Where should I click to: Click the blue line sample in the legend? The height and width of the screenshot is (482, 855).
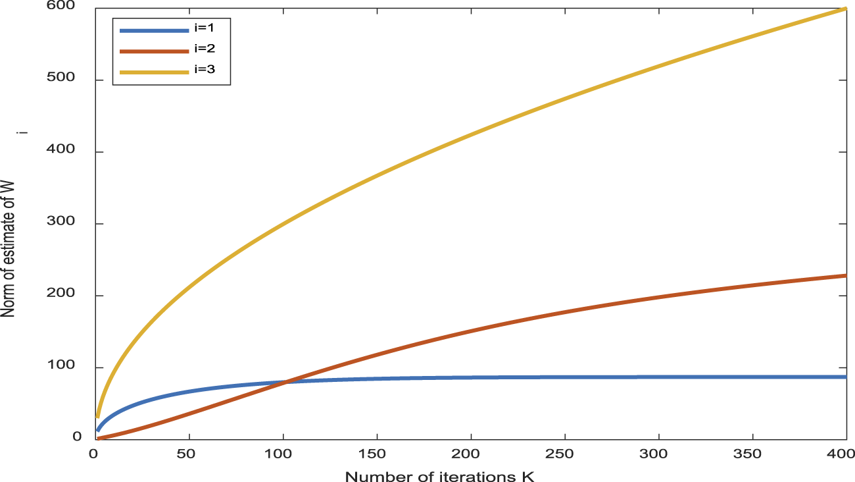pyautogui.click(x=153, y=30)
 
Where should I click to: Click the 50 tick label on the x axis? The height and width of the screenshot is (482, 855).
pyautogui.click(x=189, y=454)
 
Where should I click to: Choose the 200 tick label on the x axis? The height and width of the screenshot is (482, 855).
pyautogui.click(x=470, y=454)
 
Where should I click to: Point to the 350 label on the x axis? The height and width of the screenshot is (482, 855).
pyautogui.click(x=752, y=454)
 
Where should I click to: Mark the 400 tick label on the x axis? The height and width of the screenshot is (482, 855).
pyautogui.click(x=845, y=454)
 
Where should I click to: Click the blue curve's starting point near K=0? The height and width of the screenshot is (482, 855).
pyautogui.click(x=97, y=431)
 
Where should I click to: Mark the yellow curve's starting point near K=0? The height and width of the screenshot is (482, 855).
pyautogui.click(x=97, y=416)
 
